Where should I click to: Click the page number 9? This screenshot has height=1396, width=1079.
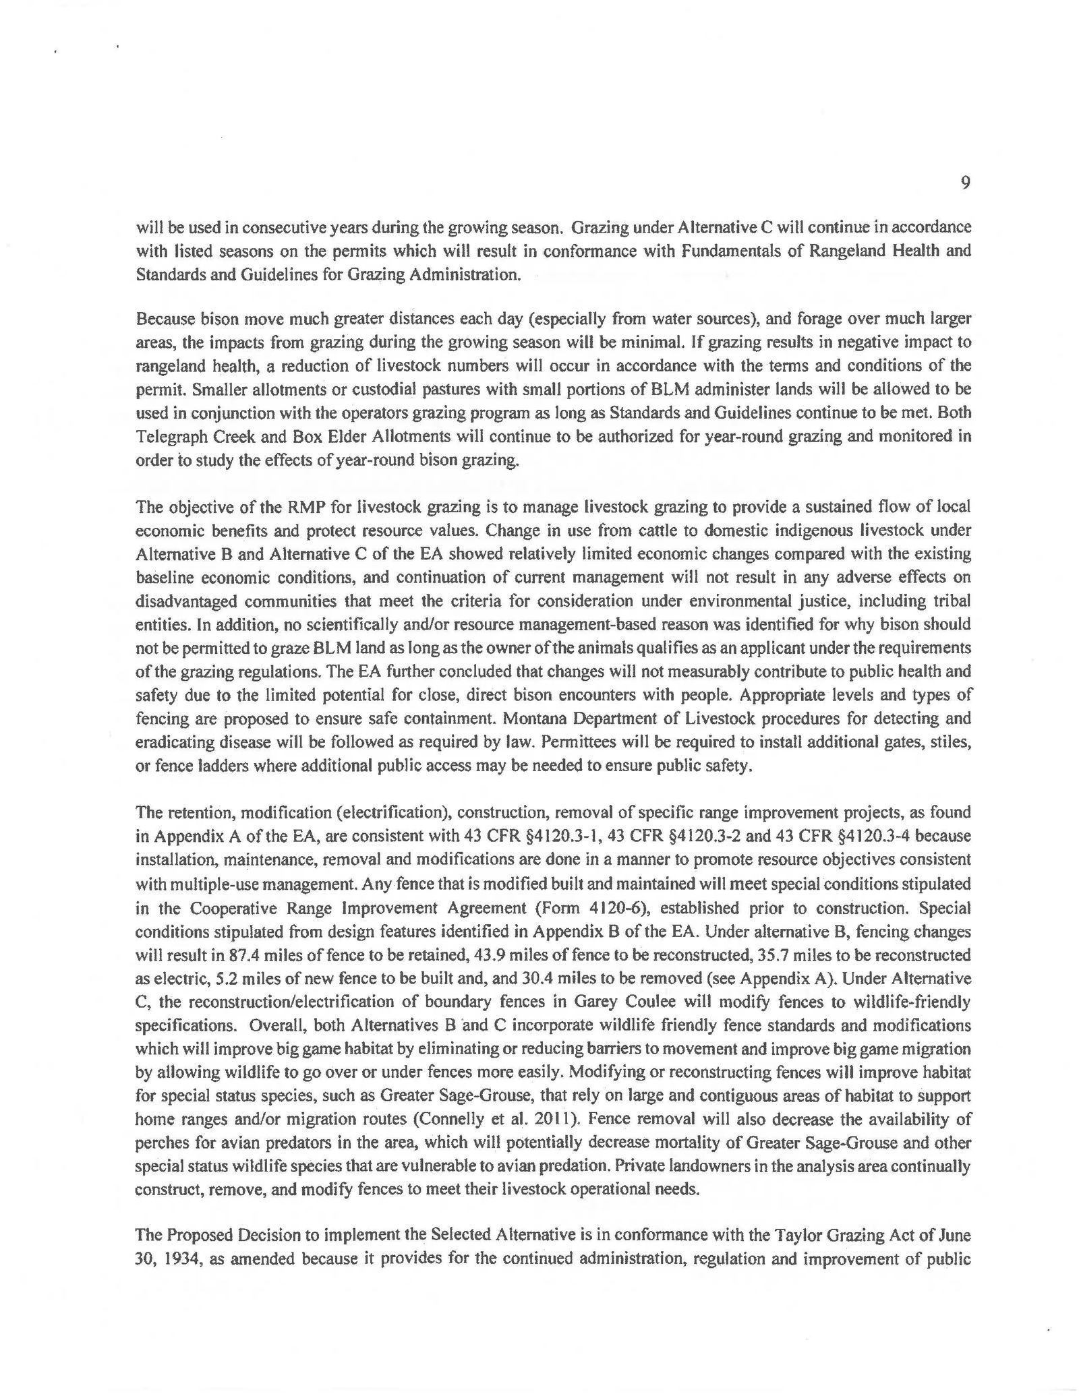click(965, 183)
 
